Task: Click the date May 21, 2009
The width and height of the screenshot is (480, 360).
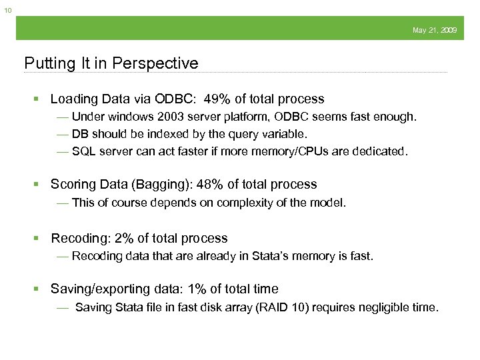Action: pyautogui.click(x=435, y=31)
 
